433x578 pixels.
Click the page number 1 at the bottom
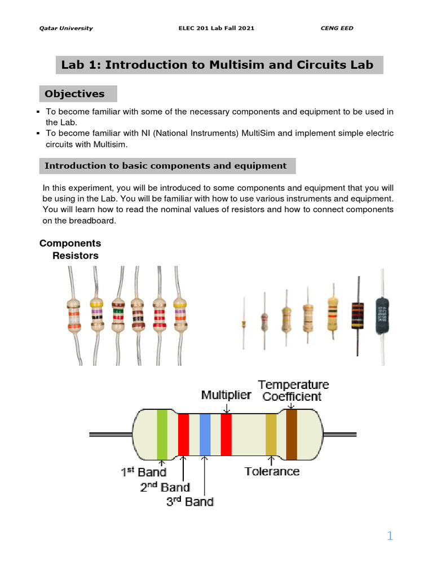pos(390,536)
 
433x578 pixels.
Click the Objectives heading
pos(75,94)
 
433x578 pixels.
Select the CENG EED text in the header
pos(337,28)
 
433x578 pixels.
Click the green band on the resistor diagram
pos(162,433)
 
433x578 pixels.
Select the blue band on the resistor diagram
pos(205,434)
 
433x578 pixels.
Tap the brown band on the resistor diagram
pos(291,433)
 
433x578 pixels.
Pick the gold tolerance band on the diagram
pos(271,434)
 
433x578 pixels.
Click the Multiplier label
pos(226,395)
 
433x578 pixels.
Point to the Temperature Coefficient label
pos(293,390)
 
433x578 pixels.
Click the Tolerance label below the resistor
pos(272,471)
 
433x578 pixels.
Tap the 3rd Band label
pos(189,501)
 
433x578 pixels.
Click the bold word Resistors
pos(75,256)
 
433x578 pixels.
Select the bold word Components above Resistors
pos(70,243)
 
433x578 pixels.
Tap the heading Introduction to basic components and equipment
pos(165,166)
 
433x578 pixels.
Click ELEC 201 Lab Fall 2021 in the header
pos(216,28)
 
